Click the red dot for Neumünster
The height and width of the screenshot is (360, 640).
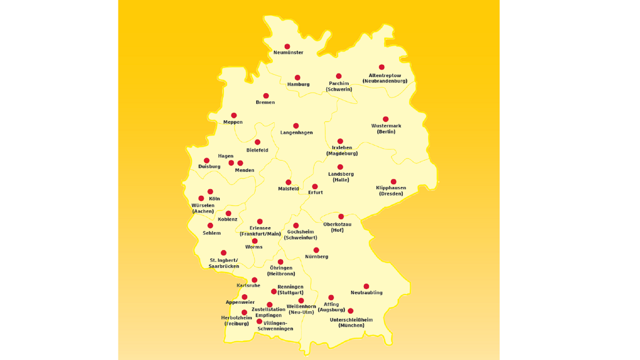tap(287, 47)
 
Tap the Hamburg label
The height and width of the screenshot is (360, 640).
tap(298, 85)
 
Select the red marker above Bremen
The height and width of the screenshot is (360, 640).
tap(266, 96)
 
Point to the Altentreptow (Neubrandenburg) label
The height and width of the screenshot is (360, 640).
tap(385, 78)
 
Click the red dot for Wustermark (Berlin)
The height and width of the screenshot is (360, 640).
tap(385, 119)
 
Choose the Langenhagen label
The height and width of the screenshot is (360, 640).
tap(296, 133)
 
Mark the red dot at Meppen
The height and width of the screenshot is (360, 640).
tap(234, 115)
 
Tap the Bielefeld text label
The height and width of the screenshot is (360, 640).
tap(257, 151)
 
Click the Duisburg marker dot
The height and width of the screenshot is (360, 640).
tap(207, 160)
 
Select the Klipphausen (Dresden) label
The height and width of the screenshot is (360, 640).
tap(391, 191)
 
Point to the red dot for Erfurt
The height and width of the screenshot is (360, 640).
tap(315, 186)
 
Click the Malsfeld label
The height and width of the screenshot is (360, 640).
tap(288, 189)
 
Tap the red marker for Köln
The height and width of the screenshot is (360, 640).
tap(210, 191)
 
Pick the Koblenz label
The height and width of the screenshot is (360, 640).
tap(228, 220)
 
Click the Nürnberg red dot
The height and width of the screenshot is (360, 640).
tap(316, 250)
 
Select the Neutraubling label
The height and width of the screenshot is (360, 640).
tap(367, 293)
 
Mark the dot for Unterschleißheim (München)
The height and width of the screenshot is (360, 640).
tap(351, 311)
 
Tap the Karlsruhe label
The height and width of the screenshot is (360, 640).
tap(249, 286)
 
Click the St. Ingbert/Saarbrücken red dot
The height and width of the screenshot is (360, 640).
tap(224, 253)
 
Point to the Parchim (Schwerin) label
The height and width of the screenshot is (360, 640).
tap(339, 86)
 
